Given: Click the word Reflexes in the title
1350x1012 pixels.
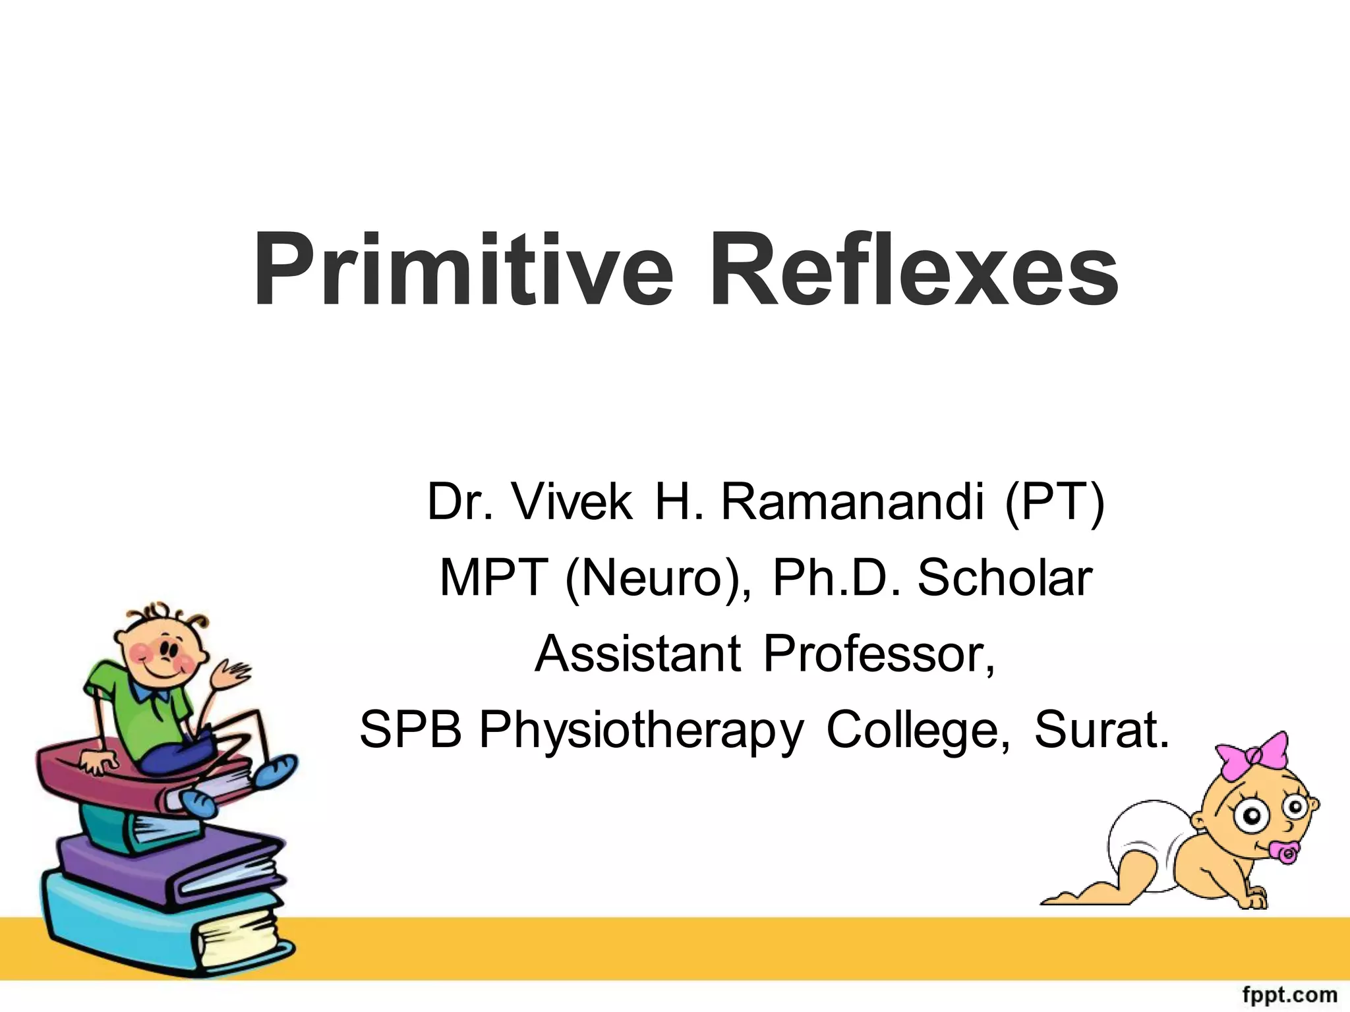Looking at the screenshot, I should (914, 270).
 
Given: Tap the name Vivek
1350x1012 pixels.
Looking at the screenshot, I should (572, 502).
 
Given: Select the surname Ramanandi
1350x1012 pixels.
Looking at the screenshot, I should (852, 502).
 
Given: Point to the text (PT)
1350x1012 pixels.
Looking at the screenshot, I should (1054, 502).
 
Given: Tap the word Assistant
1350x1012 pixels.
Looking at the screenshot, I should (638, 654).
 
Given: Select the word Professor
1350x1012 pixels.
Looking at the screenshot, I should (878, 654).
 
